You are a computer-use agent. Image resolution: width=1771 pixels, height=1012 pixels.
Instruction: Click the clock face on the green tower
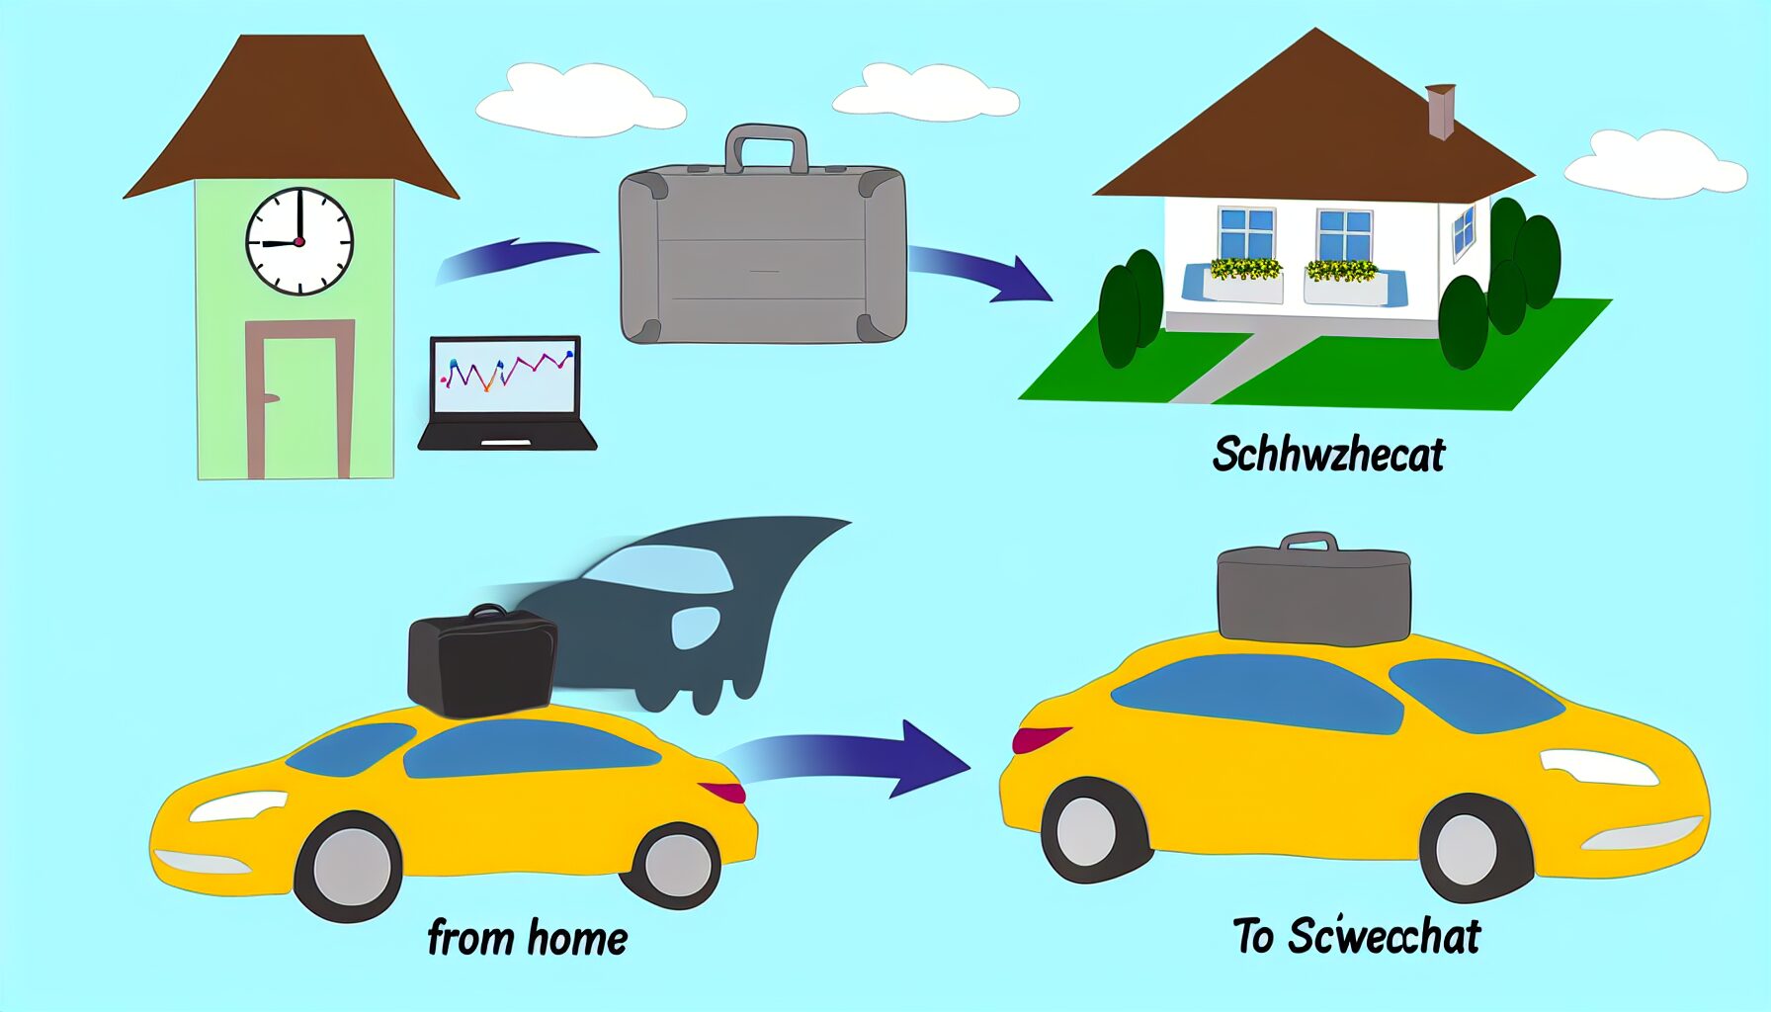point(298,241)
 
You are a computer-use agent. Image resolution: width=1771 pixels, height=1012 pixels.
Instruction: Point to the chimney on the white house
point(1440,111)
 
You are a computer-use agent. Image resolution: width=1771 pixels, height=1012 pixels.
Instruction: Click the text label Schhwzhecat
point(1327,455)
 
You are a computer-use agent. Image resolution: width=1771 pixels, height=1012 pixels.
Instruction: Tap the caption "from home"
point(527,937)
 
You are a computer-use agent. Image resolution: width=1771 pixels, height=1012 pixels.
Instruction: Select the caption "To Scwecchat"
point(1356,936)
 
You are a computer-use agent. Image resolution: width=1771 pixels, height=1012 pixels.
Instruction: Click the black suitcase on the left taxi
point(481,660)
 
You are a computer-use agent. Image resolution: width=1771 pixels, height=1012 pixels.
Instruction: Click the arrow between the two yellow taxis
point(850,761)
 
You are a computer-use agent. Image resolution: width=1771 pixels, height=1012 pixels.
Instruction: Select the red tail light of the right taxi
point(1039,737)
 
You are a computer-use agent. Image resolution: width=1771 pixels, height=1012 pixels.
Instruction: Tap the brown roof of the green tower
point(292,119)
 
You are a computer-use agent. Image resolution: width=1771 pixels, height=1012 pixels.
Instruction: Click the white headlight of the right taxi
point(1596,767)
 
